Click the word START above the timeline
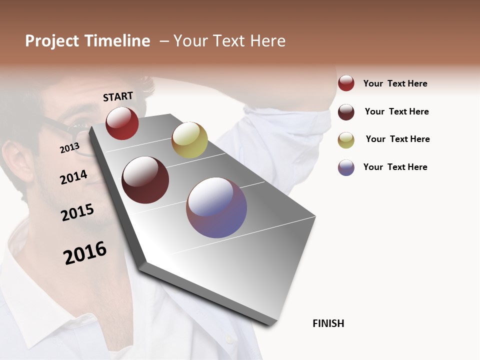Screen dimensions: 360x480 pyautogui.click(x=118, y=96)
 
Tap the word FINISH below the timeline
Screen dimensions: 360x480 pyautogui.click(x=328, y=323)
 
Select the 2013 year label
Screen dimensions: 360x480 pyautogui.click(x=70, y=147)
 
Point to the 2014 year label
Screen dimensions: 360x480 pyautogui.click(x=73, y=177)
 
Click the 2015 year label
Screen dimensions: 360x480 pyautogui.click(x=77, y=212)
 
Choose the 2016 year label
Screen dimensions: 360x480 pyautogui.click(x=85, y=252)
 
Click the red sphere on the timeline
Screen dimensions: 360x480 pyautogui.click(x=122, y=123)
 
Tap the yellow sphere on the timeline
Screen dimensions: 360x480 pyautogui.click(x=189, y=139)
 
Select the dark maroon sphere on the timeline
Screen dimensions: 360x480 pyautogui.click(x=145, y=180)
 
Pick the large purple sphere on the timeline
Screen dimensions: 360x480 pyautogui.click(x=216, y=207)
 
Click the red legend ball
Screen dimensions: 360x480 pyautogui.click(x=346, y=83)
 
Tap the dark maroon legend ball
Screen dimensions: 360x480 pyautogui.click(x=346, y=112)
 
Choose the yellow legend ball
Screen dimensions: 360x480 pyautogui.click(x=346, y=140)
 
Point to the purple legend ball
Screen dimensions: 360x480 pyautogui.click(x=346, y=167)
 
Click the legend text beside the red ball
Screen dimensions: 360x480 pyautogui.click(x=395, y=83)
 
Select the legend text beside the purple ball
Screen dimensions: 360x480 pyautogui.click(x=395, y=167)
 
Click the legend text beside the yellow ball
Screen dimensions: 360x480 pyautogui.click(x=397, y=139)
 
